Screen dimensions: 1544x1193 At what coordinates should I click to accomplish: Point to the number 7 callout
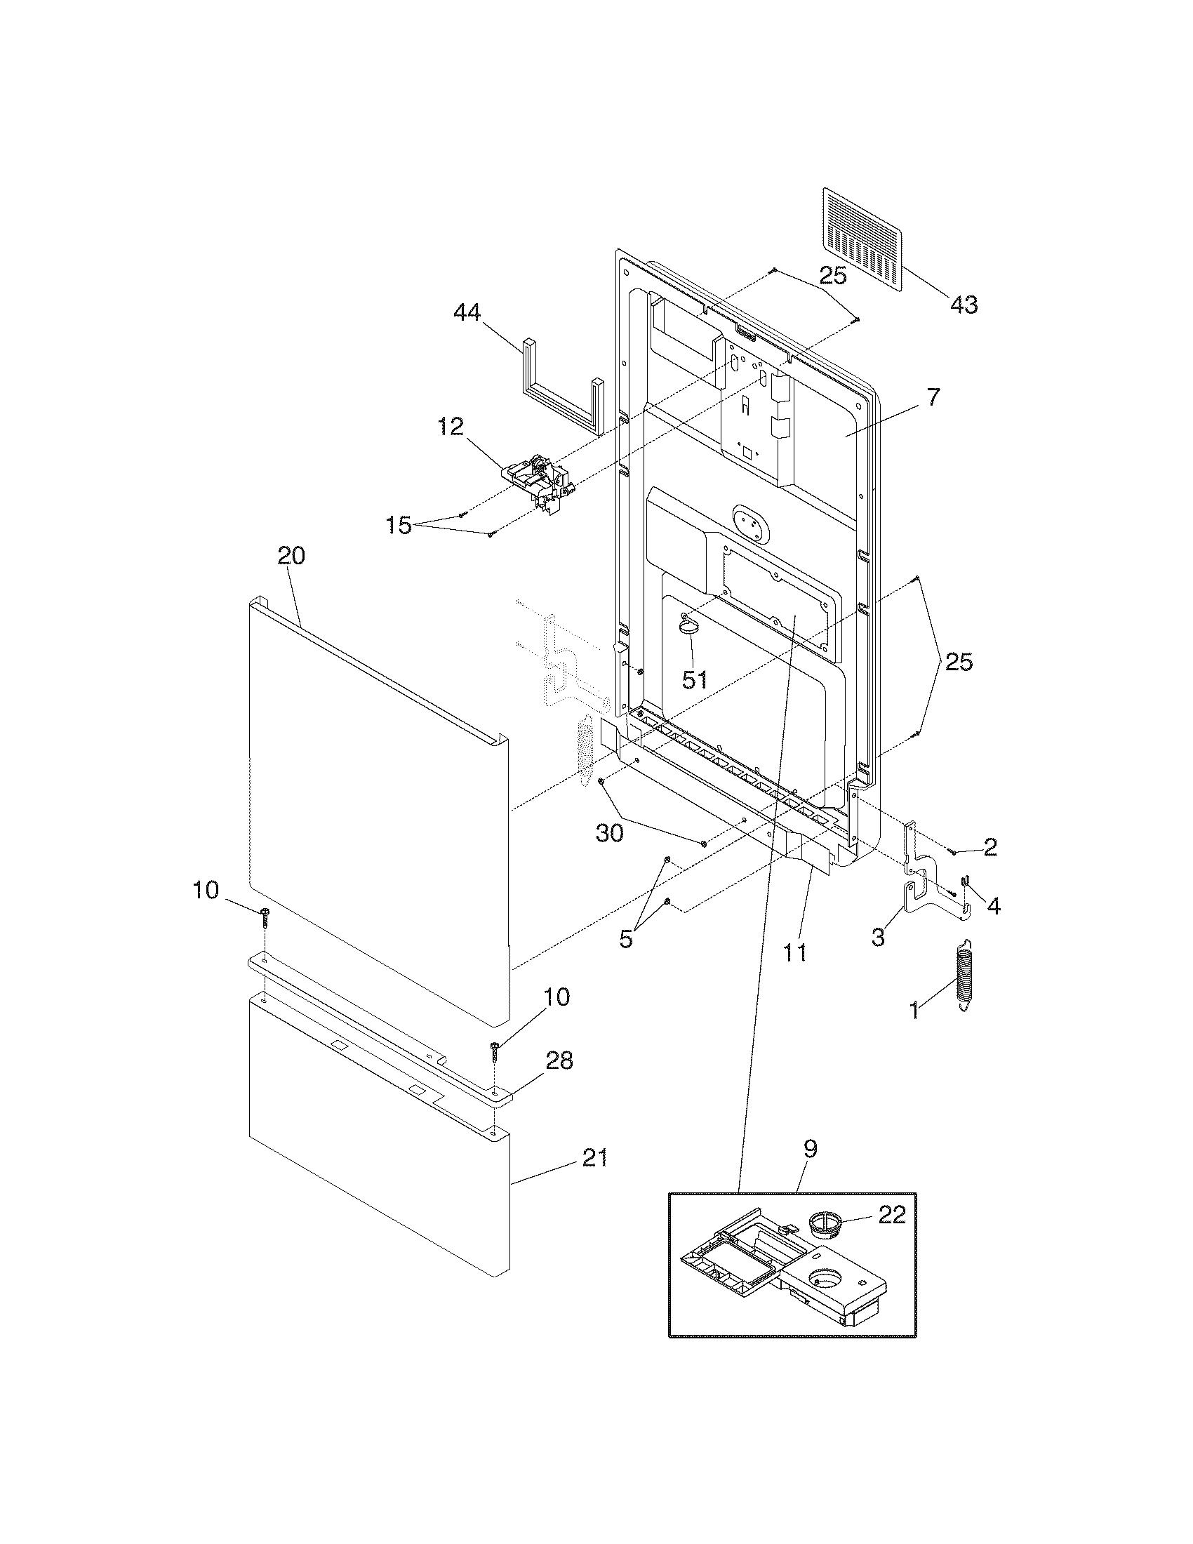(x=933, y=398)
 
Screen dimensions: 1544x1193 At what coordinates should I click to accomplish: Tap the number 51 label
(x=694, y=679)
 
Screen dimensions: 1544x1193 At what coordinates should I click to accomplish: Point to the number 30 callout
(x=609, y=834)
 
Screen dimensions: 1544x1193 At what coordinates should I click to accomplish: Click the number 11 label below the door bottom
(x=795, y=952)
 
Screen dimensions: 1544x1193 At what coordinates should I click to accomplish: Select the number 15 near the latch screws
(x=399, y=525)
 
